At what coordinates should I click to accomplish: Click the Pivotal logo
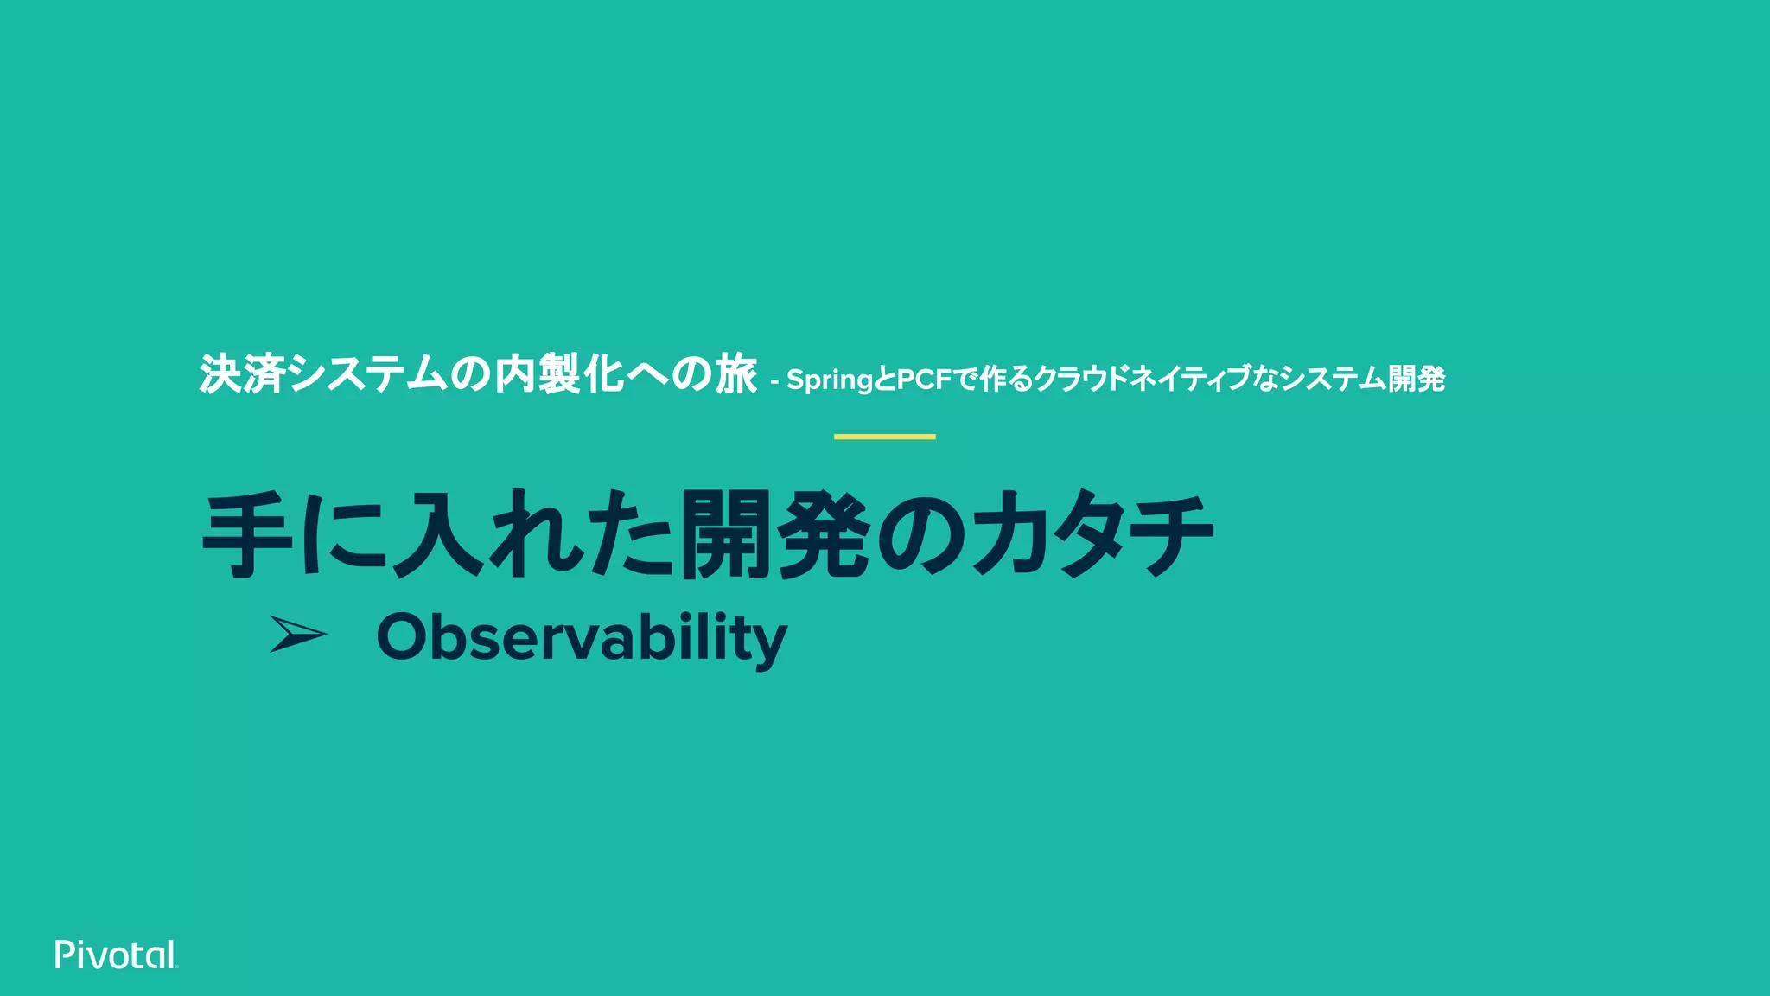(x=116, y=954)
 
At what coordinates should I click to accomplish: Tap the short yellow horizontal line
(x=884, y=437)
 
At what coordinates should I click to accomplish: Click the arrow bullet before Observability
(x=297, y=634)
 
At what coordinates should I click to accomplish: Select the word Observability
(x=582, y=638)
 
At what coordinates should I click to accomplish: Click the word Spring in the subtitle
(x=830, y=380)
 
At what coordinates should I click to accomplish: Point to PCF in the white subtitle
(x=924, y=379)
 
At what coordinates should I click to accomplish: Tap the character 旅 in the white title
(x=735, y=374)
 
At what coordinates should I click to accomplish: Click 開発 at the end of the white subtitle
(x=1416, y=379)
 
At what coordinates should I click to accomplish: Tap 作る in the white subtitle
(x=1007, y=379)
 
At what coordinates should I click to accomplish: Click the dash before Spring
(x=774, y=380)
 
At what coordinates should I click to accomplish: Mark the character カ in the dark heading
(x=1007, y=535)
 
